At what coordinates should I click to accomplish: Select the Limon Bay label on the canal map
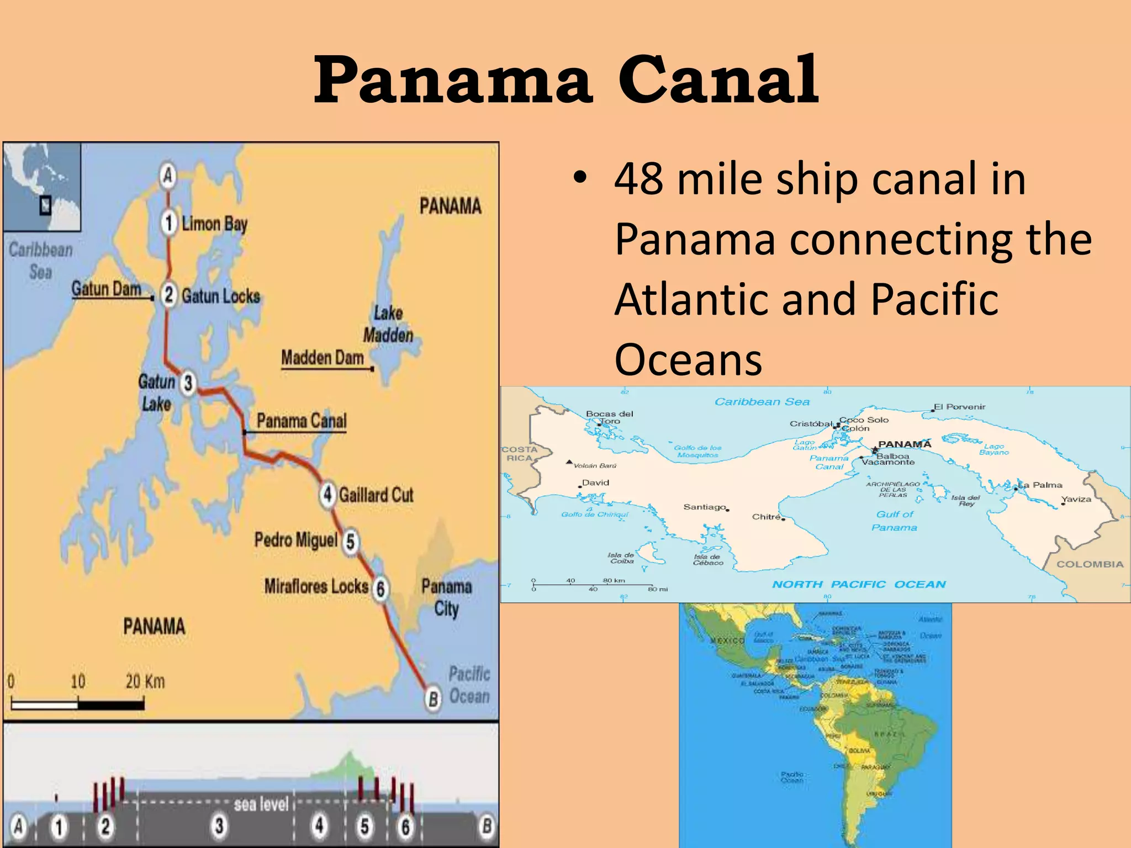point(214,224)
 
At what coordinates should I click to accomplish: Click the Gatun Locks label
point(221,296)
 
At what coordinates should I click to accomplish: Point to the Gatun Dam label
point(106,289)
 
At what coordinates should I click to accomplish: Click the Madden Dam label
point(323,358)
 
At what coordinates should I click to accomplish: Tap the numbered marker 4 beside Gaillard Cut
point(328,494)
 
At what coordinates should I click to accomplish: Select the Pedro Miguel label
point(295,539)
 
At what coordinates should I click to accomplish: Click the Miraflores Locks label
point(316,586)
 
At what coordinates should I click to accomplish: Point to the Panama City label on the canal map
point(446,597)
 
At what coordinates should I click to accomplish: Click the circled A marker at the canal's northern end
point(168,176)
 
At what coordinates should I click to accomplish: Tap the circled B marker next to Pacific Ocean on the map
point(434,699)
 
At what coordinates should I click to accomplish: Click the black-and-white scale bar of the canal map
point(78,704)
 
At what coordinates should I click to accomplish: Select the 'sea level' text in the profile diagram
point(261,804)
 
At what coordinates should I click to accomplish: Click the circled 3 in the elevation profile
point(219,826)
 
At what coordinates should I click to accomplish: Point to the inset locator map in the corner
point(42,187)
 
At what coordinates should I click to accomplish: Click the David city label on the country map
point(595,483)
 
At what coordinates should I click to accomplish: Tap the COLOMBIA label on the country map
point(1090,564)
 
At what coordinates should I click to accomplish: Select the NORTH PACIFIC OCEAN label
point(859,584)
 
